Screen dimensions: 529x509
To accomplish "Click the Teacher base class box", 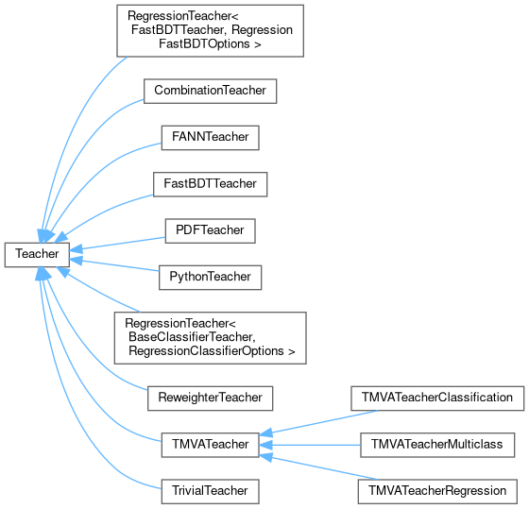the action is pos(37,255).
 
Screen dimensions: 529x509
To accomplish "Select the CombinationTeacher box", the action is pos(210,91).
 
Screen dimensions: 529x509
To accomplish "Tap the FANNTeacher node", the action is pos(210,138).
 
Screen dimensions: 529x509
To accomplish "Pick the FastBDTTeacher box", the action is pos(210,184).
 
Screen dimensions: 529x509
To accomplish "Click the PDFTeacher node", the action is pos(210,230).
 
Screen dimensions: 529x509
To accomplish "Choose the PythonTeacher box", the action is pos(210,278).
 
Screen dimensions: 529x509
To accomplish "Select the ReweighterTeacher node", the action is pos(210,399).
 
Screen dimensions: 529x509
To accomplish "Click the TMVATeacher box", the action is pos(210,445).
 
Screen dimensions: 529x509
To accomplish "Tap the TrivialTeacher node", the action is pos(210,491).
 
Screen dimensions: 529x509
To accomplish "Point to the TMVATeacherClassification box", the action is pos(437,399).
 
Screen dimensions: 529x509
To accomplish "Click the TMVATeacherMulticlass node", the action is pos(437,445).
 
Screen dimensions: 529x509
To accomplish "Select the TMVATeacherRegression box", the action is pos(437,491).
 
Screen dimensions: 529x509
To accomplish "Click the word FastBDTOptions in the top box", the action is pos(204,44).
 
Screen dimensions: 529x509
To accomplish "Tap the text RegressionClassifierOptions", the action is pos(207,351).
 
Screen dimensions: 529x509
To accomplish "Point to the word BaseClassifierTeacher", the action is pos(192,337).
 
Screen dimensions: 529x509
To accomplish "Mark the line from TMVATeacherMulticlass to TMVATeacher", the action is pos(310,445).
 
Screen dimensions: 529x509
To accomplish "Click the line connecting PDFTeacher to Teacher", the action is pos(117,244).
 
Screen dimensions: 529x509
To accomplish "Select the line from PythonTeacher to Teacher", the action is pos(114,264).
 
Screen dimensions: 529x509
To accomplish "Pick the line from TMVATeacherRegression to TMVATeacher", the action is pos(319,467).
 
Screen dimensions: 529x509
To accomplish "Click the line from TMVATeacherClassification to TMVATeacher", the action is pos(319,422).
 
